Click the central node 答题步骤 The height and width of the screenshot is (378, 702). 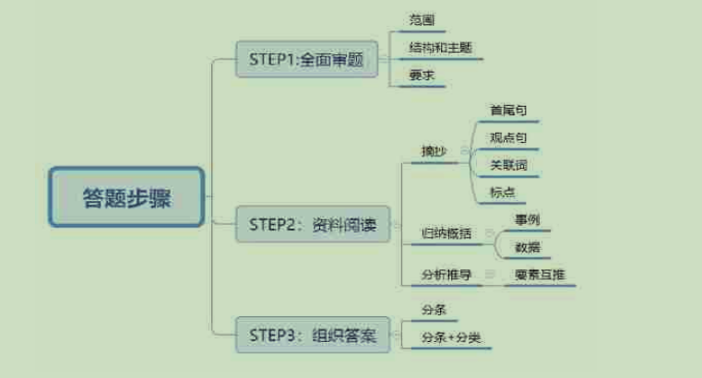126,197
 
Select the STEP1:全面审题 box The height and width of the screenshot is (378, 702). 307,61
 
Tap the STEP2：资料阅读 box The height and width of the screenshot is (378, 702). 312,224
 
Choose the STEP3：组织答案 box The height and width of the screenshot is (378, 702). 312,335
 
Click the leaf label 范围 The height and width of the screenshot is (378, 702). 422,19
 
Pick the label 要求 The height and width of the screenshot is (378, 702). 422,76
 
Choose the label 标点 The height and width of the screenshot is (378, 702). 503,193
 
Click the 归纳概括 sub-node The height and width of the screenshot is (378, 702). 446,233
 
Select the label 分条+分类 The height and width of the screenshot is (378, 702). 451,337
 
